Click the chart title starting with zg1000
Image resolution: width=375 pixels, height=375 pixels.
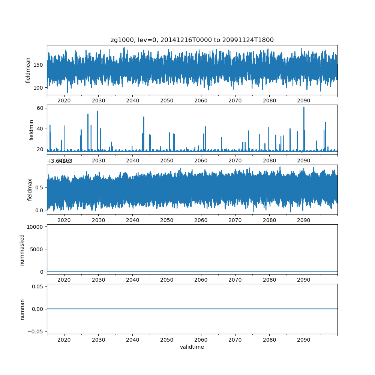coord(192,40)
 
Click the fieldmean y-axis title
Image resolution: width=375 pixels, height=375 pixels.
coord(28,70)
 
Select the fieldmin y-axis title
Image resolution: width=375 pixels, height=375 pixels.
coord(31,130)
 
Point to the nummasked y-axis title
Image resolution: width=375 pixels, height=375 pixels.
coord(22,250)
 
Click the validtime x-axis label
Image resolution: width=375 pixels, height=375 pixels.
coord(192,347)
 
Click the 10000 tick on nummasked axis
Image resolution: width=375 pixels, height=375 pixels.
coord(36,226)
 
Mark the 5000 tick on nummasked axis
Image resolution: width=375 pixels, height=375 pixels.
coord(37,249)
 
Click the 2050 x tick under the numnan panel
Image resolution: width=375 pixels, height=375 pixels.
coord(167,339)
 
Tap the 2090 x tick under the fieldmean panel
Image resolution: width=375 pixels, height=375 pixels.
coord(303,100)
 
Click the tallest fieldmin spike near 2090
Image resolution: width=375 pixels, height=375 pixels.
coord(304,108)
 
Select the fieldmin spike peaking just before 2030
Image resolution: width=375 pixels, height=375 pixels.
coord(97,111)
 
